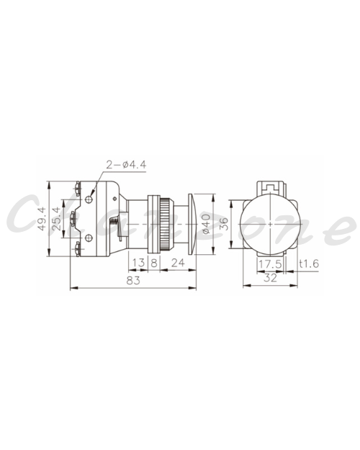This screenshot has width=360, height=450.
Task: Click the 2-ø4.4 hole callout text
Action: pyautogui.click(x=126, y=165)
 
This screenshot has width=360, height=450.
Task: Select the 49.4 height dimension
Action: pyautogui.click(x=42, y=219)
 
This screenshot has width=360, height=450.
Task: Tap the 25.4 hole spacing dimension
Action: pyautogui.click(x=57, y=219)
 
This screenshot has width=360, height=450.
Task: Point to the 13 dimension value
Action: pyautogui.click(x=138, y=263)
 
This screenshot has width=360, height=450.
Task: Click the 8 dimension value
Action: pyautogui.click(x=154, y=263)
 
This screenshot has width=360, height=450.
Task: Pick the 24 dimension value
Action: pyautogui.click(x=178, y=263)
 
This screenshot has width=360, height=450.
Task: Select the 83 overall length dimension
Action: pyautogui.click(x=133, y=280)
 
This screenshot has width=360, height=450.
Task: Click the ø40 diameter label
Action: pyautogui.click(x=207, y=224)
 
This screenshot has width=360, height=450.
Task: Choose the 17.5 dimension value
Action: pyautogui.click(x=270, y=264)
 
